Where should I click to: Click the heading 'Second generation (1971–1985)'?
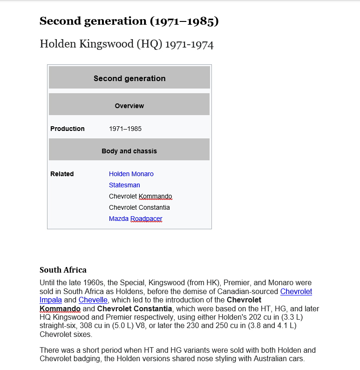point(129,21)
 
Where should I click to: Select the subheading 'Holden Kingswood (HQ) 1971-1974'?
point(126,44)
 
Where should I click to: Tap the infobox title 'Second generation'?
point(129,78)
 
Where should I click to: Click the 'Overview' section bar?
point(129,106)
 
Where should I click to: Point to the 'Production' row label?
point(68,129)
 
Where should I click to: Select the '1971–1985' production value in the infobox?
point(125,129)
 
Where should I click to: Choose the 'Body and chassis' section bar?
point(129,151)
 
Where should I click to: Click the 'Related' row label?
point(62,174)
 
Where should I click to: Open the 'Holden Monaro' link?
point(131,174)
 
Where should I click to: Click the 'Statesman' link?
point(124,185)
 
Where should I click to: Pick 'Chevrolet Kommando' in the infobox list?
point(140,196)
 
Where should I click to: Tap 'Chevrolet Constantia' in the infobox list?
point(139,207)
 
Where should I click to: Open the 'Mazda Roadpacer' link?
point(136,219)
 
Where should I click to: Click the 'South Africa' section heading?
point(63,270)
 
